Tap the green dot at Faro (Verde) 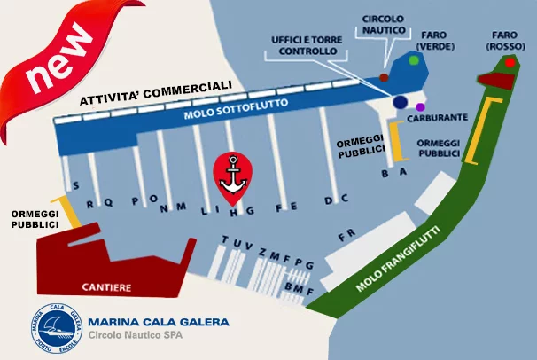coord(414,60)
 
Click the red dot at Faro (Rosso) coord(510,63)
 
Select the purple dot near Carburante coord(420,107)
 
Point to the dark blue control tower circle coord(400,102)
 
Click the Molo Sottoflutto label coord(236,108)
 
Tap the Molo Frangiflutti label coord(398,259)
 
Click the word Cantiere coord(106,287)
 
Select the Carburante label coord(438,118)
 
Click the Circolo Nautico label coord(384,24)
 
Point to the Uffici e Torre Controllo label coord(307,45)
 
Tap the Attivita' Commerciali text coord(156,92)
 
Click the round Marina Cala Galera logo coord(57,328)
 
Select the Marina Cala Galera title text coord(159,322)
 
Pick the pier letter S coord(75,185)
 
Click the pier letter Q coord(108,202)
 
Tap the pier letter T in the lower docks coord(225,239)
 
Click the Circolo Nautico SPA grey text coord(136,334)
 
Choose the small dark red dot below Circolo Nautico coord(384,77)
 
